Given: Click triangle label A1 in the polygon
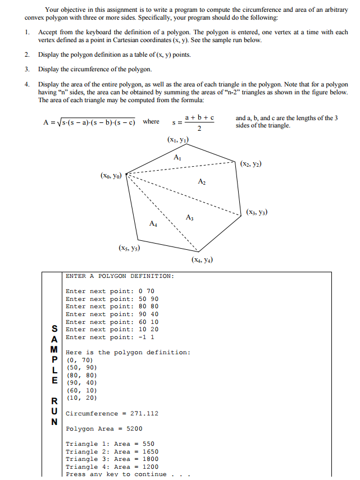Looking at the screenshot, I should tap(177, 157).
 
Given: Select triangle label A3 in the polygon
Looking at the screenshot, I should tap(189, 217).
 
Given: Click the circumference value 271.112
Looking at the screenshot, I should tap(144, 413).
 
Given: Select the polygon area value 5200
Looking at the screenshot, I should tap(130, 428).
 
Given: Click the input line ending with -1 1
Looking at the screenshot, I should tap(110, 337).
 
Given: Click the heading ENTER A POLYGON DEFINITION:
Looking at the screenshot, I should tap(120, 276).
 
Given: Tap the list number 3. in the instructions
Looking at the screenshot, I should tap(27, 69).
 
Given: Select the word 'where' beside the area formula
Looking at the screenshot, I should tap(151, 121).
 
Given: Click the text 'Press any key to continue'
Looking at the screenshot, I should tap(116, 474).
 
